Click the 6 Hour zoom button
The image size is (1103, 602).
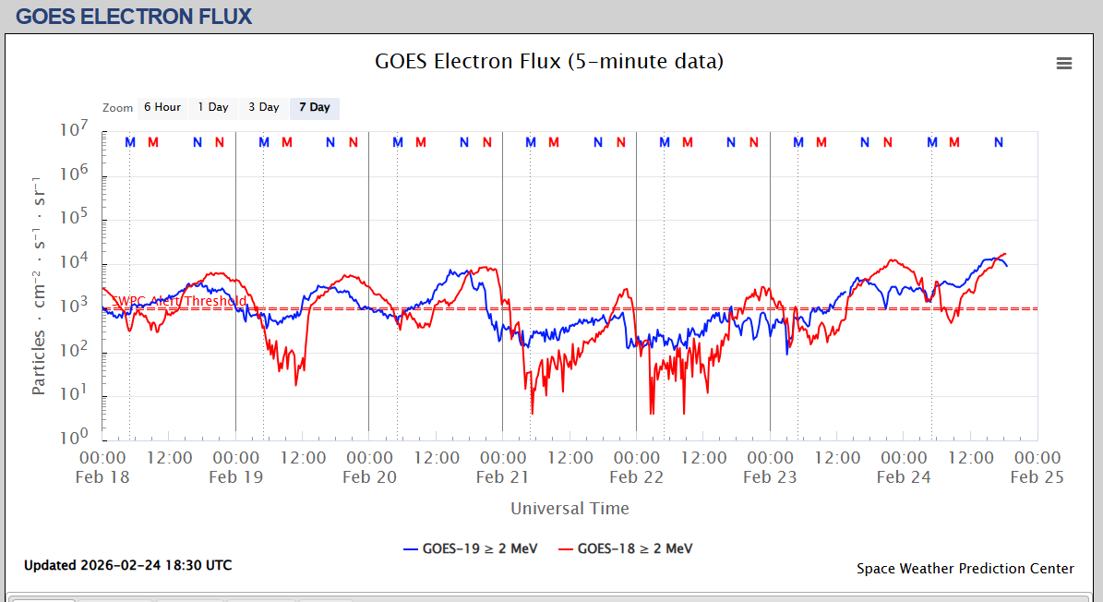click(162, 108)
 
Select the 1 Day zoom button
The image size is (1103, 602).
click(213, 108)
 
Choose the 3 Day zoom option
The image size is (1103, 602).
click(264, 108)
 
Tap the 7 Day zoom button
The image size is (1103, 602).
click(315, 108)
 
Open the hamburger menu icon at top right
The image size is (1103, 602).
click(1064, 63)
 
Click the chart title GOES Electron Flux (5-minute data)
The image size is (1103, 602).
click(549, 62)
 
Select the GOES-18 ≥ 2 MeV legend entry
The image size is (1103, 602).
click(625, 548)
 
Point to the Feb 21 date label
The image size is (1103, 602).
click(503, 477)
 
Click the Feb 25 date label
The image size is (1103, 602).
click(1037, 477)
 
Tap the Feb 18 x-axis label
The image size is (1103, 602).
click(103, 477)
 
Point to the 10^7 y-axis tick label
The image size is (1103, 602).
click(74, 131)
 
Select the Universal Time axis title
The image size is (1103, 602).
click(569, 509)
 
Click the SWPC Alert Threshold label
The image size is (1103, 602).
click(179, 301)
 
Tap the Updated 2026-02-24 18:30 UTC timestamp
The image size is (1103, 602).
click(128, 565)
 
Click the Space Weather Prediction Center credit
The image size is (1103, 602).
click(965, 569)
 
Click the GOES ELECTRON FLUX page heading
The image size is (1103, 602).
click(135, 17)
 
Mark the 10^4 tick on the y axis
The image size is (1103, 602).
click(74, 262)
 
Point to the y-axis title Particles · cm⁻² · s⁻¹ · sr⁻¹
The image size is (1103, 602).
click(39, 283)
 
